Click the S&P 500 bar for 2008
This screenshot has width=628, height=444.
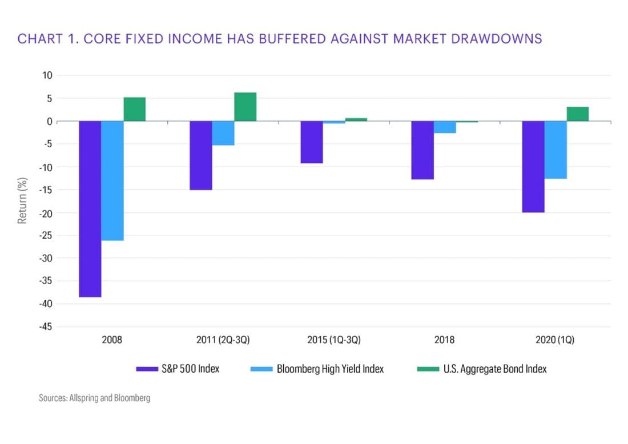[90, 209]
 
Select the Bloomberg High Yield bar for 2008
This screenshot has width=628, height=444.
[112, 180]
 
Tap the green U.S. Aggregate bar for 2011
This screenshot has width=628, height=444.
[245, 107]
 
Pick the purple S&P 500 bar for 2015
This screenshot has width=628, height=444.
[312, 142]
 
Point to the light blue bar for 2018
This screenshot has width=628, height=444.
[445, 127]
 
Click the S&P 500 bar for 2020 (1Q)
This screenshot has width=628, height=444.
[533, 167]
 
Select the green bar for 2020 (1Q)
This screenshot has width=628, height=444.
[578, 114]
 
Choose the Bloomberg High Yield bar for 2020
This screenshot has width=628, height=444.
[555, 150]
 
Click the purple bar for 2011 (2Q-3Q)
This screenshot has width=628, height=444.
[201, 155]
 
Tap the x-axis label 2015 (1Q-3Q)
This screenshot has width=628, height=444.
[334, 340]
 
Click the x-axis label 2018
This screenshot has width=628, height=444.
[445, 340]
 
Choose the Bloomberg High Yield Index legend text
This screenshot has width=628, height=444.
[330, 369]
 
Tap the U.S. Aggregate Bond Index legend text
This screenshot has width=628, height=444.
[495, 369]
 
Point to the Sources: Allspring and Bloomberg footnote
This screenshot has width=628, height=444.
[95, 398]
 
